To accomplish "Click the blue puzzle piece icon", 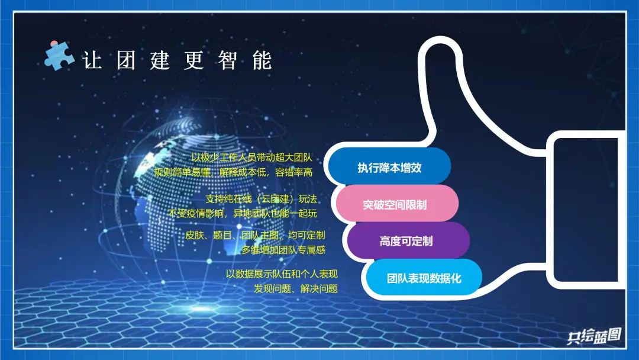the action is pos(59,56).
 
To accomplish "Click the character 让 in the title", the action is pos(92,60).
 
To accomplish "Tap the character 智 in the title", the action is pos(227,60).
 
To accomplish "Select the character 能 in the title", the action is pos(262,60).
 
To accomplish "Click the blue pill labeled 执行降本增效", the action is pos(389,168).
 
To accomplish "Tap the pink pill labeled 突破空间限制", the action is pos(395,204).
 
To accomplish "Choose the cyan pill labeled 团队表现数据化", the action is pos(424,278).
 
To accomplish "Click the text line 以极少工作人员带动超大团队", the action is pos(252,157).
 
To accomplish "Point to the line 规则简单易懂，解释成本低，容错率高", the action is pos(233,172).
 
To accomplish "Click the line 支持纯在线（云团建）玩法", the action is pos(262,199).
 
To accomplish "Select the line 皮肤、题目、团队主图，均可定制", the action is pos(255,235).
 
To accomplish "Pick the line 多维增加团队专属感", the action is pos(283,250).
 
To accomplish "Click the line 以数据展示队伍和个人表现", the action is pos(282,274).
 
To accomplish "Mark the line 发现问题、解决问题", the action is pos(296,289).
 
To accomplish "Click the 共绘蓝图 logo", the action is pos(594,336).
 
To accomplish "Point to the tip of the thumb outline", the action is pos(440,38).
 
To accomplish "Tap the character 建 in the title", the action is pos(160,60).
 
